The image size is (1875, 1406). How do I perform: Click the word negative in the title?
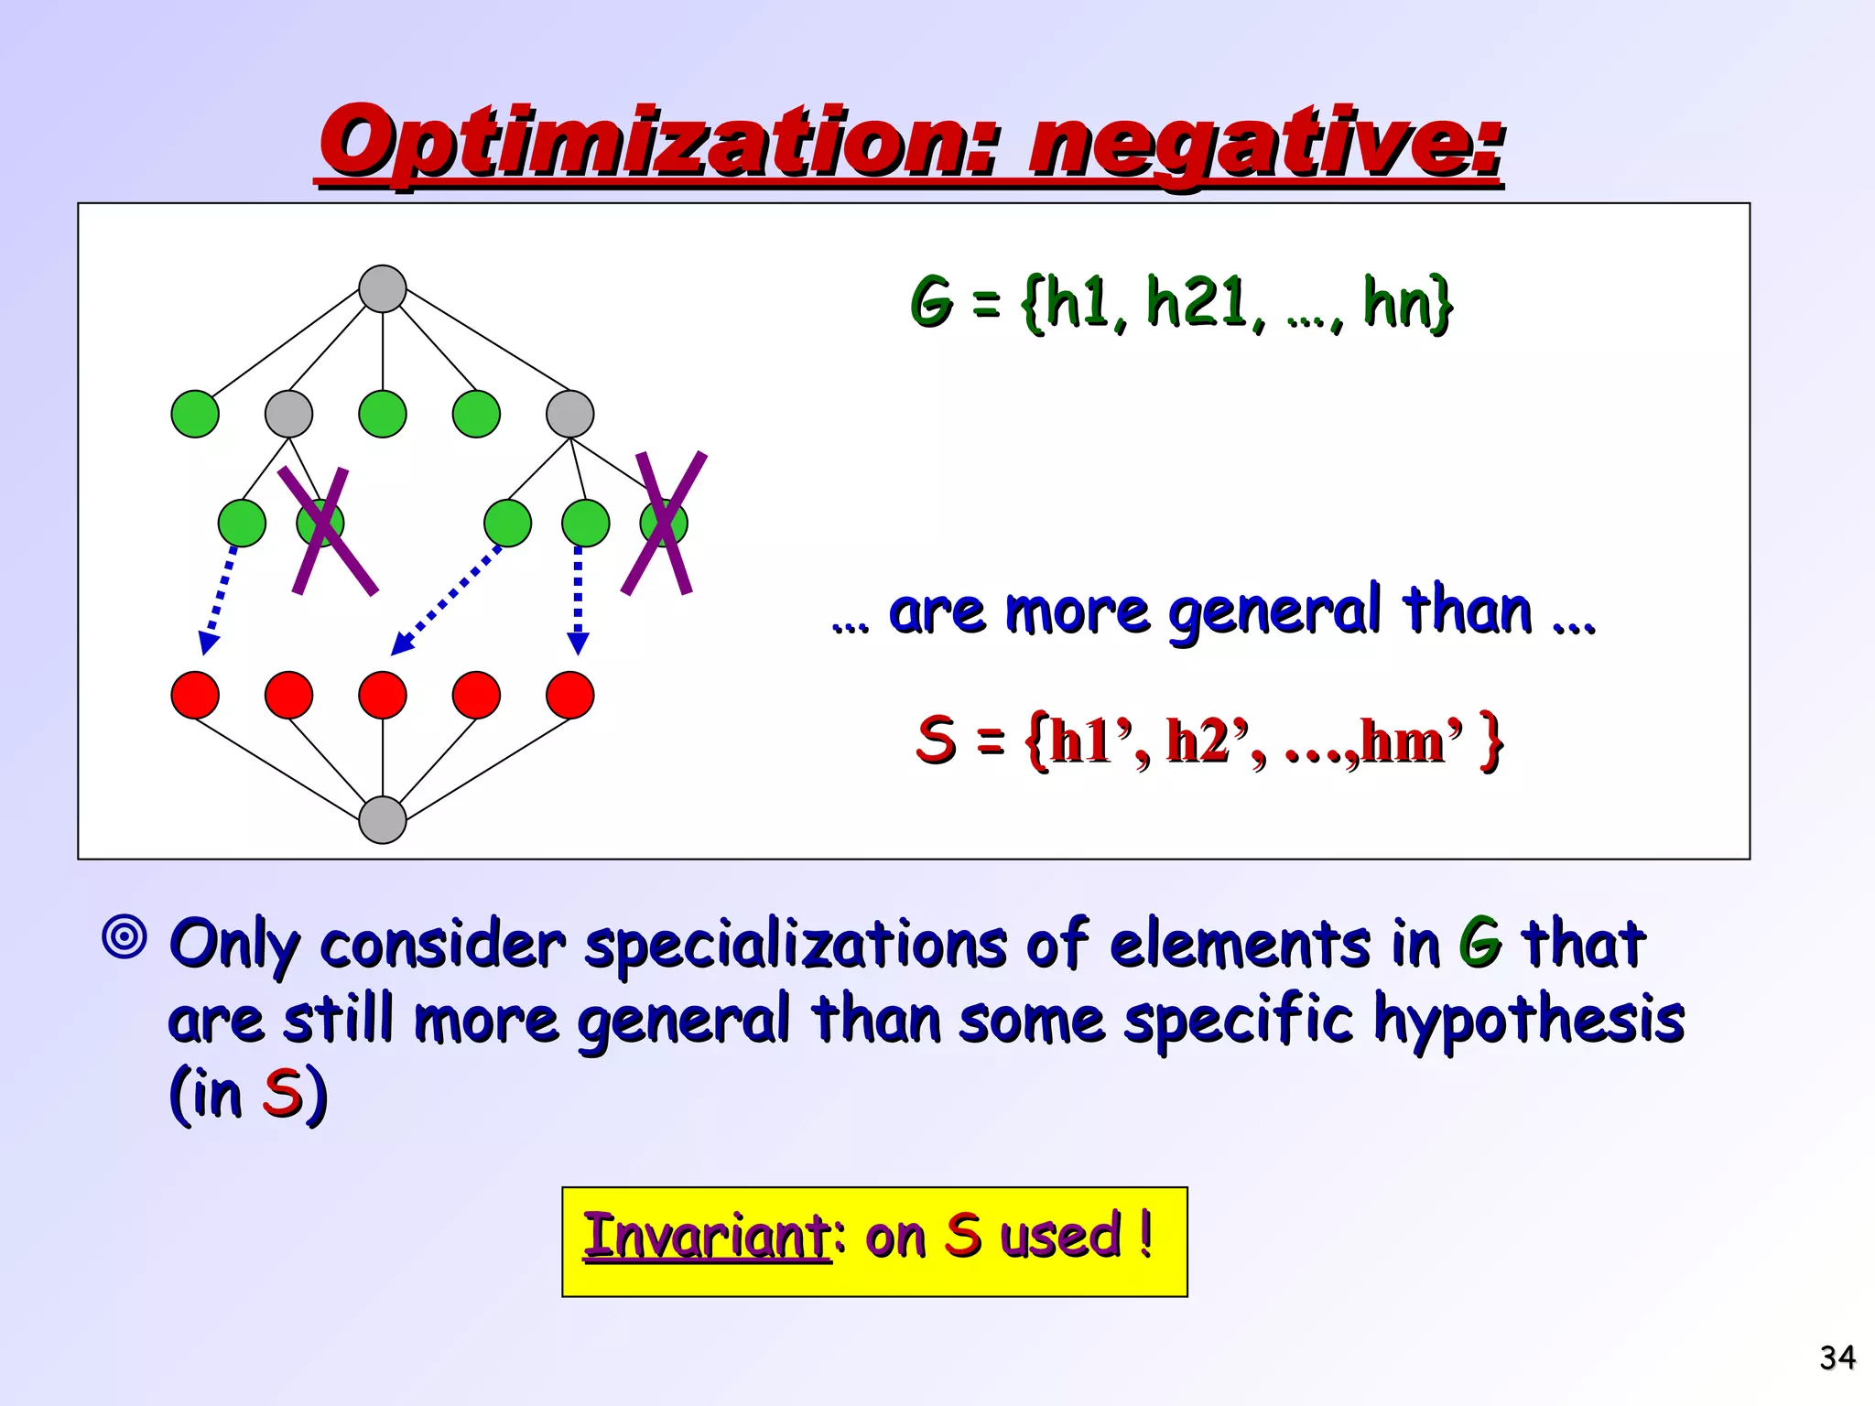[1263, 145]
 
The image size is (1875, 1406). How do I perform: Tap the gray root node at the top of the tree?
[383, 289]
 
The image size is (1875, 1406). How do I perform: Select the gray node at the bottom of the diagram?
[383, 819]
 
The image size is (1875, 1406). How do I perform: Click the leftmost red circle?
[195, 695]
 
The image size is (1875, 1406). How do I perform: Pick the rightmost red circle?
[569, 695]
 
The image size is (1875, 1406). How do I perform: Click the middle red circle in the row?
[383, 695]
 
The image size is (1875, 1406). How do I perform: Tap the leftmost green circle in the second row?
[195, 414]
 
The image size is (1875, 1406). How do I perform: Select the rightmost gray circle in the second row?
[569, 414]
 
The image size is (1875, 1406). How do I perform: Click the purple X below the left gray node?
[327, 531]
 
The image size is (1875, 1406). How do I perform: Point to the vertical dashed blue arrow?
[578, 600]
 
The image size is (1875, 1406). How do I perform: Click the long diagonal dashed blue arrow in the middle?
[447, 600]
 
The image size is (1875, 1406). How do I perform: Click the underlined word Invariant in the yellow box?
[707, 1236]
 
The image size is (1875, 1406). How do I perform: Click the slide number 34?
[1837, 1357]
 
